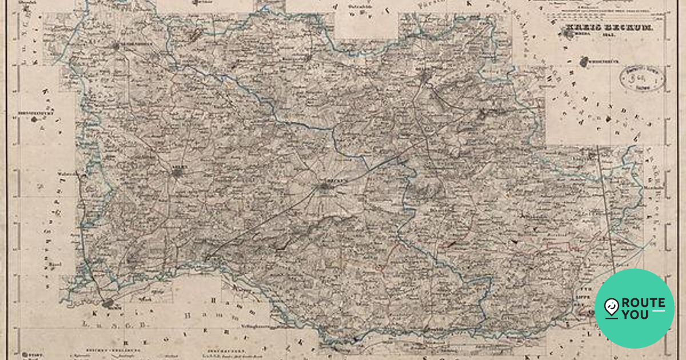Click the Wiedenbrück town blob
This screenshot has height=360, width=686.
[x=584, y=62]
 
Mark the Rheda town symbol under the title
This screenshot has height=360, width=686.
[x=568, y=34]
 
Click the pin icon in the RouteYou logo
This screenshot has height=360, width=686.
[x=611, y=307]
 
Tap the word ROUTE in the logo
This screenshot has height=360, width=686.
[x=644, y=302]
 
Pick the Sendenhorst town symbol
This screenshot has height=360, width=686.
[x=117, y=46]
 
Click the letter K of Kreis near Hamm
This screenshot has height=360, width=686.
[x=95, y=315]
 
